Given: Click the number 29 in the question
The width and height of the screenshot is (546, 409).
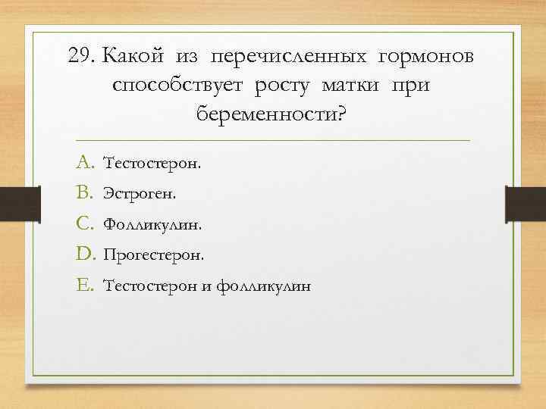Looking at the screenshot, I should [x=80, y=57].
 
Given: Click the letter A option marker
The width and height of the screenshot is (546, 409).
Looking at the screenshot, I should [x=84, y=162].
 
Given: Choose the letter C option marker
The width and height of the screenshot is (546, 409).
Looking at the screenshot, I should [x=84, y=224].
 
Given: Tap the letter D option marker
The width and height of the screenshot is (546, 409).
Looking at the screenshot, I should [x=84, y=255].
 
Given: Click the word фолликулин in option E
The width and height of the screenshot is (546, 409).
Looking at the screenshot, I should [x=263, y=287].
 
